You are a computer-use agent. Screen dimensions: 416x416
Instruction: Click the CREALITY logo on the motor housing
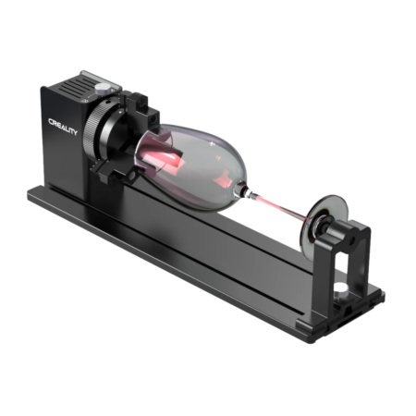[x=63, y=127]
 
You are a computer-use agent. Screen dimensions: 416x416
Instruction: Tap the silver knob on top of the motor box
[x=103, y=89]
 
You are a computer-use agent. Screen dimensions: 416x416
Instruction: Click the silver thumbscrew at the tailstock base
[x=340, y=289]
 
